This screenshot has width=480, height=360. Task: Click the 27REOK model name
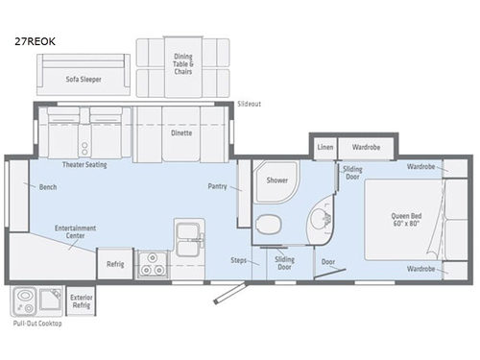(x=35, y=41)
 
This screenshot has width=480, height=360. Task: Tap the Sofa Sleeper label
(x=84, y=79)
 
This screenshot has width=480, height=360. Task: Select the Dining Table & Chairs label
(x=183, y=64)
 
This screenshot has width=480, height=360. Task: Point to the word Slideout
(x=249, y=104)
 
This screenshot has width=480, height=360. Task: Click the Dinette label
(x=181, y=132)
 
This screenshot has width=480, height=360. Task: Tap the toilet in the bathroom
(x=269, y=224)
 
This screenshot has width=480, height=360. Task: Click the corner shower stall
(x=276, y=181)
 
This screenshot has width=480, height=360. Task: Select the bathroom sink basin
(x=319, y=219)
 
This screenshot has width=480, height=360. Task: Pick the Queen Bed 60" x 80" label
(x=406, y=219)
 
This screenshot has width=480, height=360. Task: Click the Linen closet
(x=325, y=148)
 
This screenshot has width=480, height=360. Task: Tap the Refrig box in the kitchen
(x=115, y=264)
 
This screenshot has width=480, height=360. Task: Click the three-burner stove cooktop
(x=153, y=265)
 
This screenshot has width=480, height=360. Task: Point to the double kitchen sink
(x=188, y=239)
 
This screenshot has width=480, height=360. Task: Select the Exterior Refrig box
(x=81, y=301)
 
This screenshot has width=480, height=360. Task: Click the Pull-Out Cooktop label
(x=37, y=324)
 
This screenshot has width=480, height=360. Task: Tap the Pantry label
(x=217, y=186)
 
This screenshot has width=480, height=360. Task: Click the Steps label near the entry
(x=239, y=260)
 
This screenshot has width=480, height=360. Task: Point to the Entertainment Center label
(x=75, y=231)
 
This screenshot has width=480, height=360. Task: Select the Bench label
(x=48, y=187)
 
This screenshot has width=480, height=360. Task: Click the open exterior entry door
(x=229, y=293)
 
